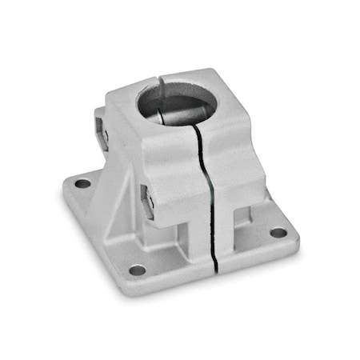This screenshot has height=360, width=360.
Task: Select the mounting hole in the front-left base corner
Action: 138,270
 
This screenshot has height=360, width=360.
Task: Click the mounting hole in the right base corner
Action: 278,233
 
